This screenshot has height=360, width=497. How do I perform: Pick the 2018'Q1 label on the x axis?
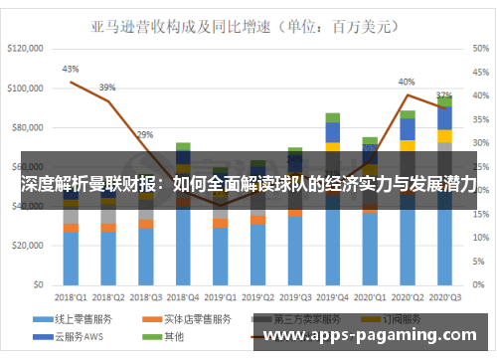pos(71,296)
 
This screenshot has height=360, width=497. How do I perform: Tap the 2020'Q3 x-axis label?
pos(444,296)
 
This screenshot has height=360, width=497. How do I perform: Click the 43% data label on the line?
pos(71,70)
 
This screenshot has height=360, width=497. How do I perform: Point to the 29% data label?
pos(145,135)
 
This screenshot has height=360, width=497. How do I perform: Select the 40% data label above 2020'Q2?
pos(407,82)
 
